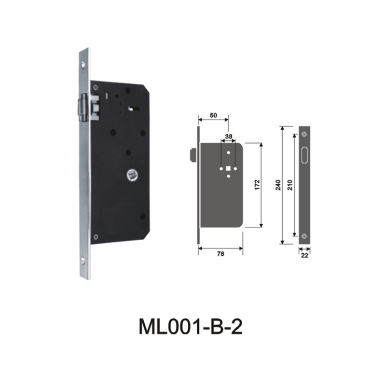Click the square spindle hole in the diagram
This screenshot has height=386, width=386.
227,169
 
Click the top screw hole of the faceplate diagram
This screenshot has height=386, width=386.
304,134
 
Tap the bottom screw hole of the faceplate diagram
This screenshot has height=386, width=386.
304,236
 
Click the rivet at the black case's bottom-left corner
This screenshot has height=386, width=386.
96,236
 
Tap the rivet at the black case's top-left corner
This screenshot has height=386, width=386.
96,88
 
